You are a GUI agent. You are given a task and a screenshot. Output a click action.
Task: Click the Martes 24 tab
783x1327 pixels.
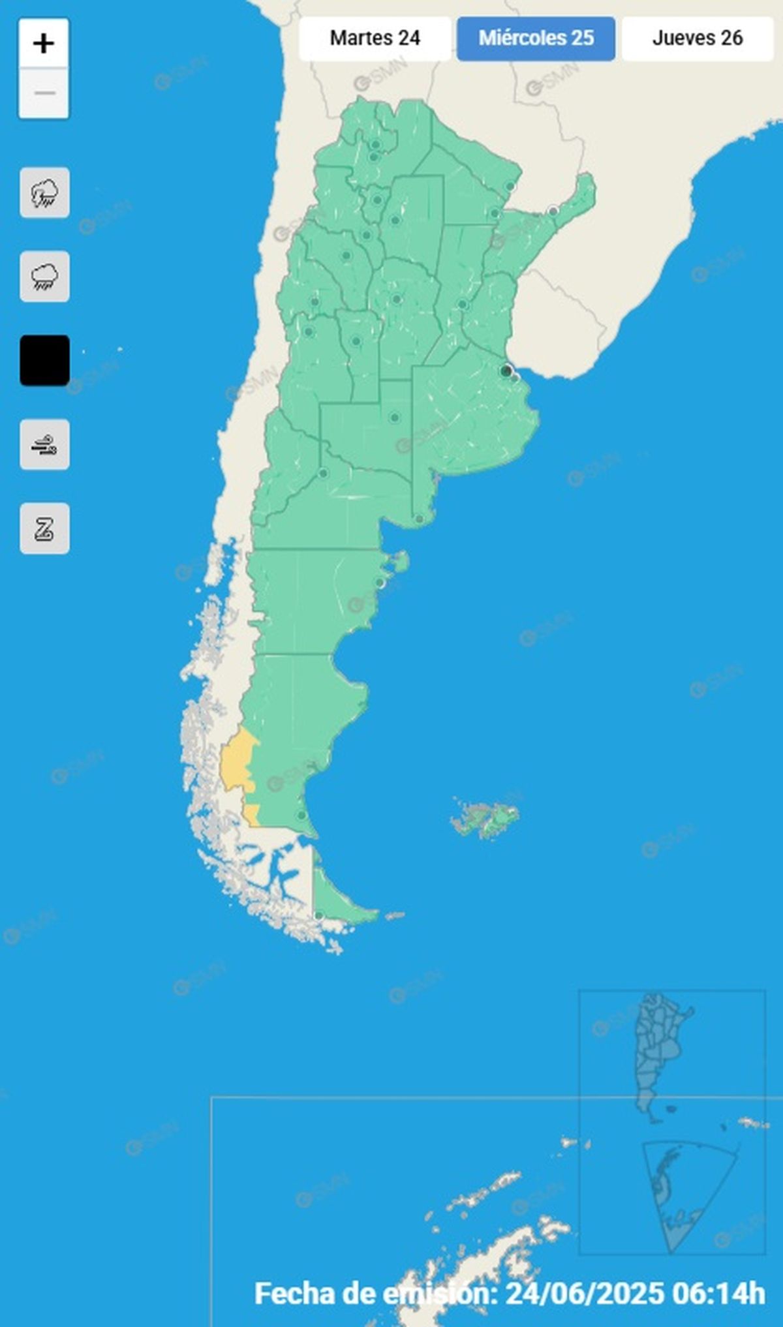pos(375,38)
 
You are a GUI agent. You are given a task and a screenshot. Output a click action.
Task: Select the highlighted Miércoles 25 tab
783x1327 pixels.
pos(536,38)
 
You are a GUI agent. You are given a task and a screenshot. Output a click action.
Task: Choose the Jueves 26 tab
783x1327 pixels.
pos(697,38)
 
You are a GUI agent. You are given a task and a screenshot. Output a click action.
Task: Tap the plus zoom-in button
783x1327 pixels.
pos(44,44)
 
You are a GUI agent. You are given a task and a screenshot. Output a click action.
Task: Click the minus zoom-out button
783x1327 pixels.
pos(44,93)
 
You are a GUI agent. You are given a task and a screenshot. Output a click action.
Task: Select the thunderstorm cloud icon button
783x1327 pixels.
pos(44,193)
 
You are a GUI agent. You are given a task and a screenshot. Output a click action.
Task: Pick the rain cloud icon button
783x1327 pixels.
pos(44,277)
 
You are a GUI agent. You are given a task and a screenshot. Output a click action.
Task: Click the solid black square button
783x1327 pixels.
pos(44,360)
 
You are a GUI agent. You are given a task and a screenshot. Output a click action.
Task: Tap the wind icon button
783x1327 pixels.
pos(44,444)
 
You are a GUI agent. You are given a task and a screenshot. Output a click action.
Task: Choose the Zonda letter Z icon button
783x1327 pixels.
pos(44,528)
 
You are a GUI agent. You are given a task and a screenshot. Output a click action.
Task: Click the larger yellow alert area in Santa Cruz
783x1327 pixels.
pos(236,760)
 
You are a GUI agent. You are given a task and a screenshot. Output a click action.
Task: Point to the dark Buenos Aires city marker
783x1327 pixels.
pos(506,371)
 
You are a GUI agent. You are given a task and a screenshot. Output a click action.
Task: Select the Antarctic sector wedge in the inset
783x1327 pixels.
pos(679,1194)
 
